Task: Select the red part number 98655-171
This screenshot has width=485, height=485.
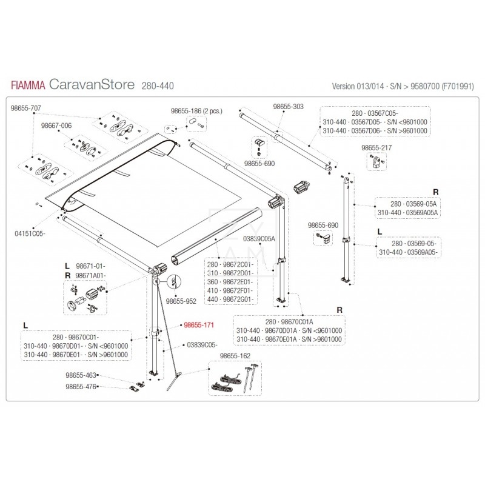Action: point(199,326)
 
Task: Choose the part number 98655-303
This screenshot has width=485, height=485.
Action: point(288,106)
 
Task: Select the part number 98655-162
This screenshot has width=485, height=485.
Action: point(235,355)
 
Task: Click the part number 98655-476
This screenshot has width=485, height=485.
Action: point(81,386)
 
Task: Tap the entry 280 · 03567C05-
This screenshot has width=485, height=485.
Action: point(376,113)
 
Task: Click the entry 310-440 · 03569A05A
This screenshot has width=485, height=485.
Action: point(407,213)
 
